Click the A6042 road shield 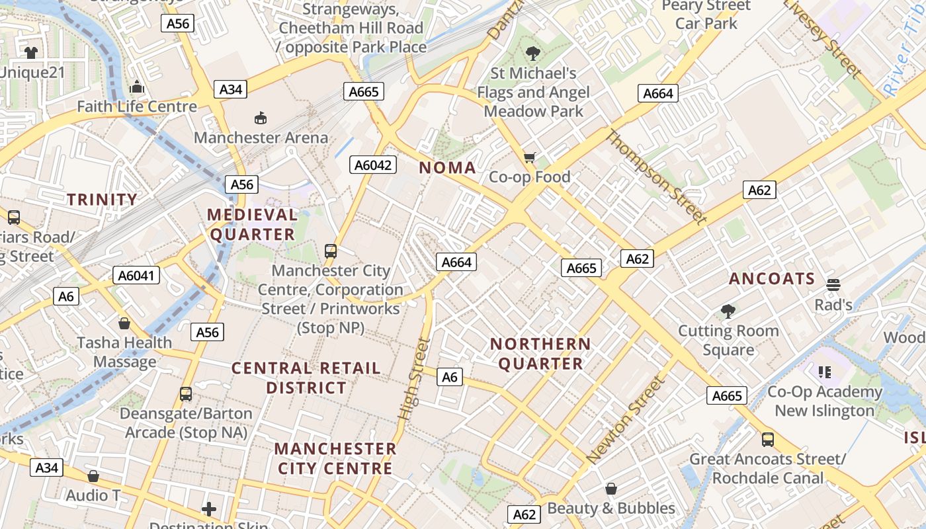pos(373,165)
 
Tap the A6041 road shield pos(136,275)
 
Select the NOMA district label pos(448,168)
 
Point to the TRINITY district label pos(103,200)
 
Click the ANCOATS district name pos(772,279)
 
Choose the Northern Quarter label pos(540,354)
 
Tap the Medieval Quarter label pos(253,225)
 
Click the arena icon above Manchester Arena pos(261,118)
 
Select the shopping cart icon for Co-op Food pos(529,157)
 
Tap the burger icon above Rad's pos(833,285)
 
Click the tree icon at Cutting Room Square pos(728,311)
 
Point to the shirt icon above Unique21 pos(30,52)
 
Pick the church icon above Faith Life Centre pos(137,87)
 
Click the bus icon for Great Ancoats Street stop pos(767,439)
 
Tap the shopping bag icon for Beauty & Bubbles pos(611,489)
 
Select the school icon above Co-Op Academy pos(824,372)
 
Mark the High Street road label pos(415,379)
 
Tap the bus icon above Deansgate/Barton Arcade pos(186,394)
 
